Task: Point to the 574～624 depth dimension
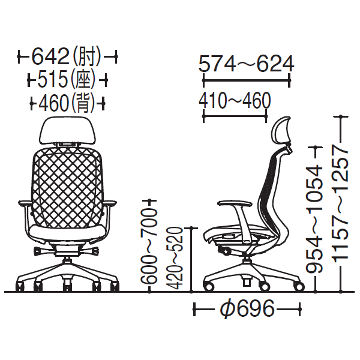tap(246, 64)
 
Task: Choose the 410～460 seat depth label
tap(235, 101)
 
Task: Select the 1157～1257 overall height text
tap(340, 203)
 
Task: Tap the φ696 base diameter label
tap(247, 308)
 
